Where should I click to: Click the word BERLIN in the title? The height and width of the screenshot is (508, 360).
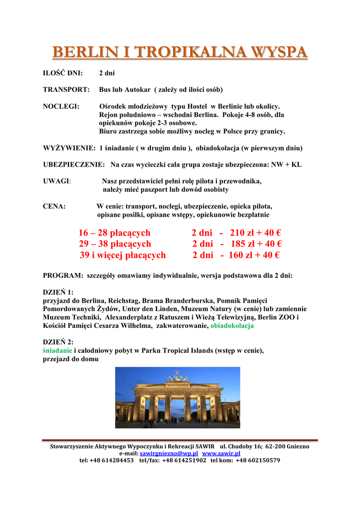tap(81, 52)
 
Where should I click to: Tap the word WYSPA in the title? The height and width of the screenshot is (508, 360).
tap(279, 52)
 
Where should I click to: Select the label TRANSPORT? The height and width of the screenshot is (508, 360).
tap(66, 90)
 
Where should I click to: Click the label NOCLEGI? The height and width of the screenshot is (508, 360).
tap(62, 107)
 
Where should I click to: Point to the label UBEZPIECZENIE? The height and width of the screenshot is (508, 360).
tap(74, 164)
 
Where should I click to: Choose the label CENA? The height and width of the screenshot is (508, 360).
tap(54, 206)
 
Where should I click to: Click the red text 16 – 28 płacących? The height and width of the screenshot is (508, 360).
tap(114, 233)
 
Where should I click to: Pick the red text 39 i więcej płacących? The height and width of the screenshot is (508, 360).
tap(123, 255)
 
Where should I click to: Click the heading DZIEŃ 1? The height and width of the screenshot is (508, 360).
tap(58, 292)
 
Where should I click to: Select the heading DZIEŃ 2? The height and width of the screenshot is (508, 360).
tap(58, 342)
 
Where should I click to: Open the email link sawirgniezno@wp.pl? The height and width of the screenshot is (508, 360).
tap(169, 453)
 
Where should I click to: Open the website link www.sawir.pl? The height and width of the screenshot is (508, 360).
tap(221, 453)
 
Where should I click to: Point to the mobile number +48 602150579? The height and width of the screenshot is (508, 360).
tap(258, 460)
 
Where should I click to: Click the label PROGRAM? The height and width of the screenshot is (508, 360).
tap(63, 275)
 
